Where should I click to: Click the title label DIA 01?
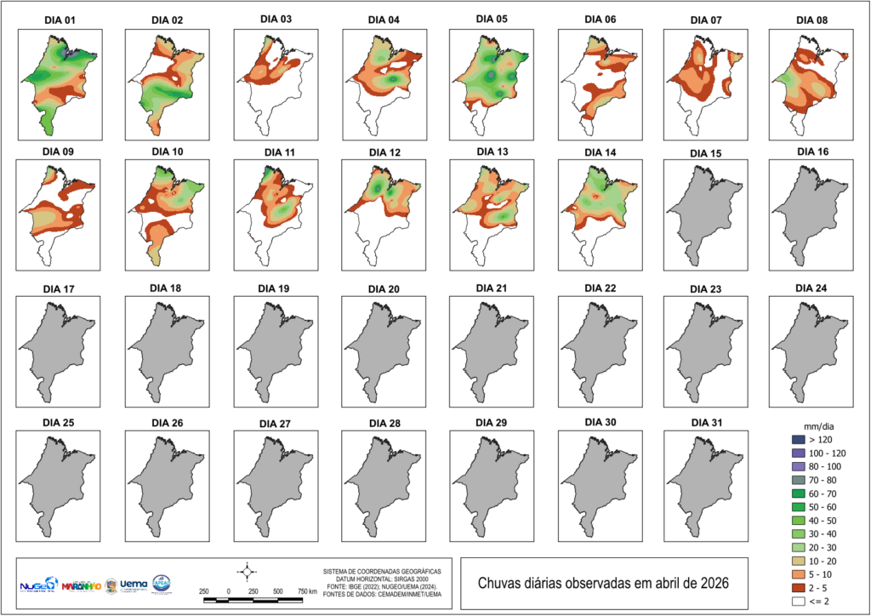click(60, 20)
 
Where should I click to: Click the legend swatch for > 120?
click(797, 439)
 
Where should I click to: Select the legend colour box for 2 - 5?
click(797, 588)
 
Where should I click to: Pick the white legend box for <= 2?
click(797, 602)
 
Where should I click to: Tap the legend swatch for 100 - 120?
click(797, 453)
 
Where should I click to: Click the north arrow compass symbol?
click(246, 570)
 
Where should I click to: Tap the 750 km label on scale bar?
click(307, 590)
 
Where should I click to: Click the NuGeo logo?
click(39, 585)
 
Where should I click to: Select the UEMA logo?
click(134, 585)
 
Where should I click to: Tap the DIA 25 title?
click(60, 422)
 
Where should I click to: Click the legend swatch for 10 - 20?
click(797, 561)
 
